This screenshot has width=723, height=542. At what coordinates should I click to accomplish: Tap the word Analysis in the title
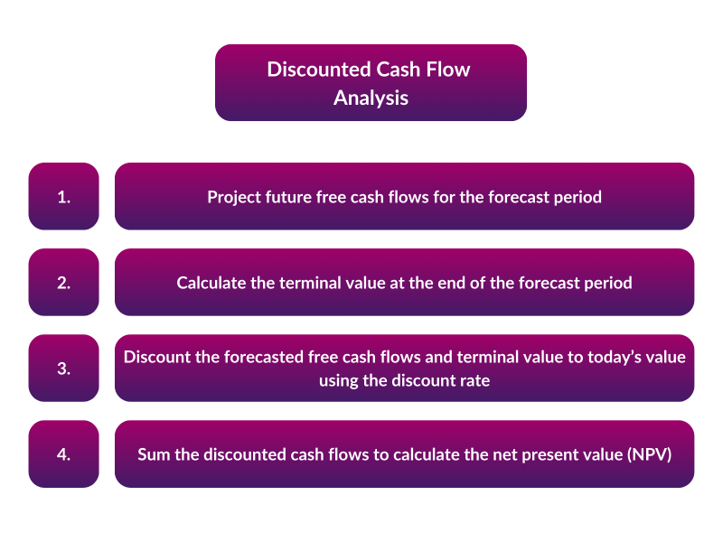[371, 98]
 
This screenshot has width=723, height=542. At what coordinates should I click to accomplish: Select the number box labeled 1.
[63, 196]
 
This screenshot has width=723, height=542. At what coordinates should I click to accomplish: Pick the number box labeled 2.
[63, 282]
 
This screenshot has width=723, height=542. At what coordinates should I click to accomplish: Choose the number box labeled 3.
[63, 368]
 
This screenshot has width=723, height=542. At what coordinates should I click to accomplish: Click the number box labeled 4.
[63, 453]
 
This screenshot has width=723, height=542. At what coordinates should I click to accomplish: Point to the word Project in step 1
[234, 196]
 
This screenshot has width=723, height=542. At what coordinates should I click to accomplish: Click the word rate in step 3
[473, 380]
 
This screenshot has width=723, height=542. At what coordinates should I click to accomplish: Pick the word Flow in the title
[449, 70]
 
